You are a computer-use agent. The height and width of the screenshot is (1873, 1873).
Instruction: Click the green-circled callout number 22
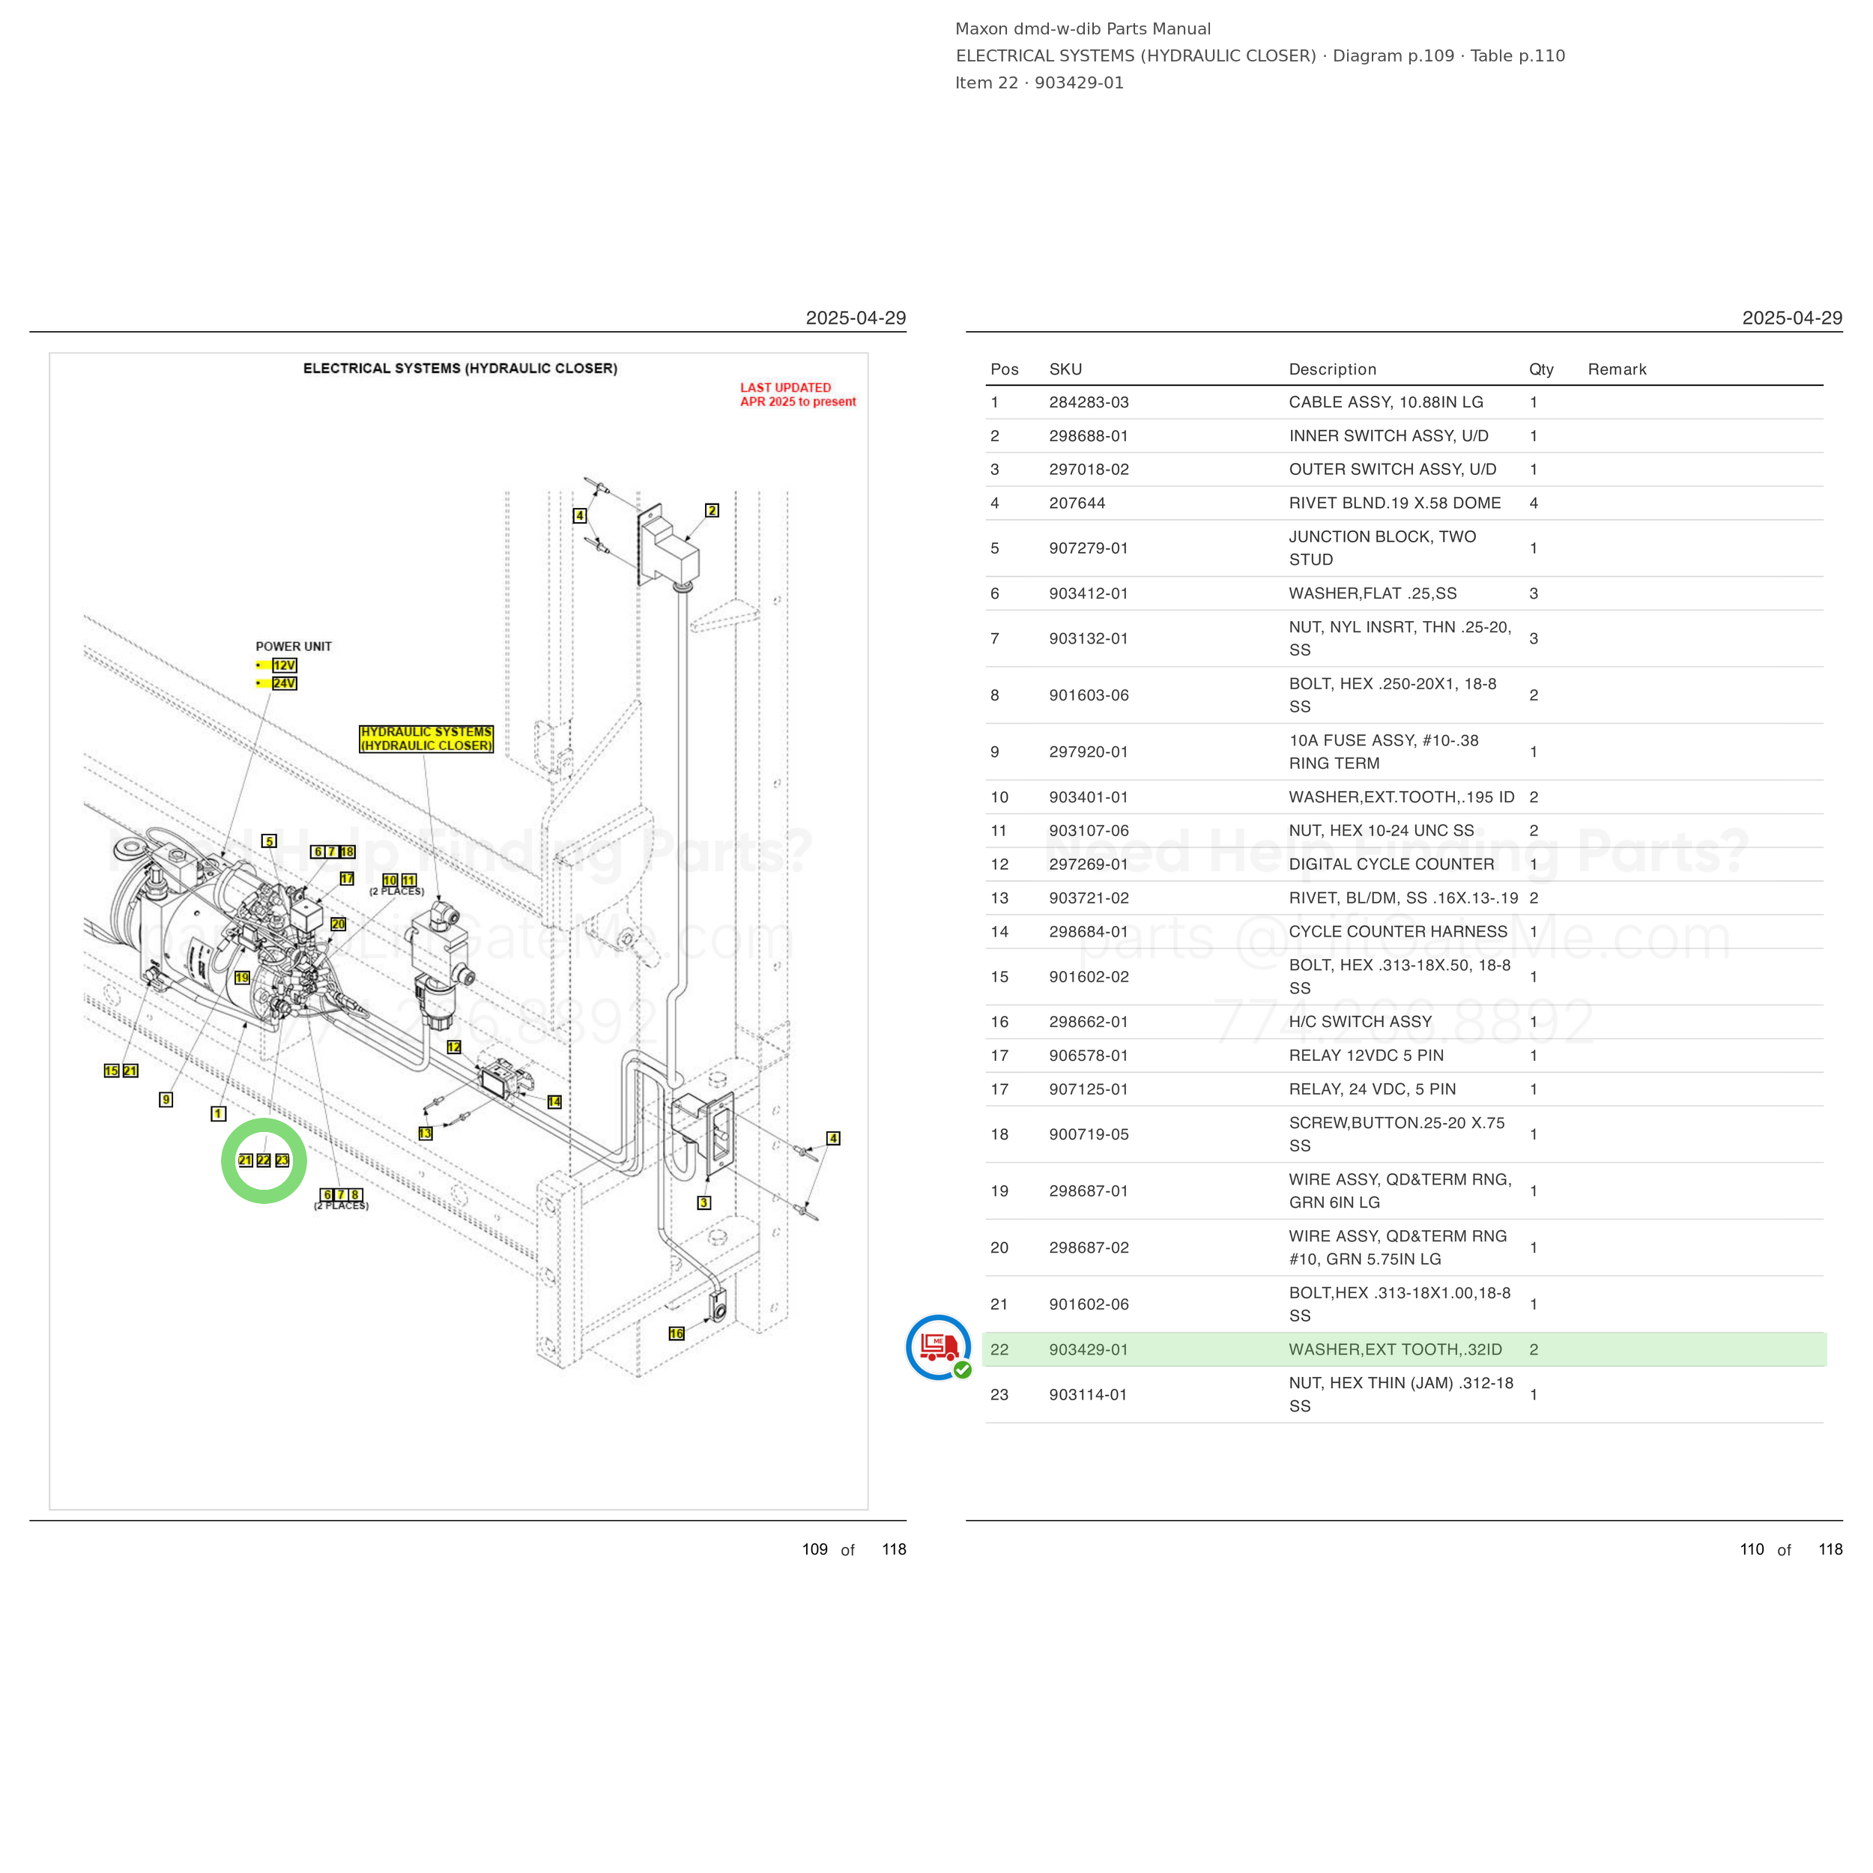click(264, 1161)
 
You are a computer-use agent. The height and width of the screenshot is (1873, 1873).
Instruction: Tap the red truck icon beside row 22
click(939, 1346)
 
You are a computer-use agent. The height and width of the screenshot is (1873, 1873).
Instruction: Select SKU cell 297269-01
click(1088, 864)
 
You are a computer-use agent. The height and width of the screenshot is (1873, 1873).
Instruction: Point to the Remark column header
click(1617, 369)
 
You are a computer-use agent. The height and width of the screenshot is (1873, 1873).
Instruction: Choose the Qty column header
click(1541, 369)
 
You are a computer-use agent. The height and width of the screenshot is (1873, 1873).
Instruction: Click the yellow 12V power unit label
click(284, 665)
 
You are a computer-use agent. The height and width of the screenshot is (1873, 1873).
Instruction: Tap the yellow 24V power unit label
click(284, 683)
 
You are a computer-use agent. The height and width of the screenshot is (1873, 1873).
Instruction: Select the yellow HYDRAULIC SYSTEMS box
click(426, 739)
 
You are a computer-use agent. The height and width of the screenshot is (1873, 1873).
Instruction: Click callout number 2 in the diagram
click(712, 510)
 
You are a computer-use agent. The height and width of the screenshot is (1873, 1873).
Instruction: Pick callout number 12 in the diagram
click(454, 1047)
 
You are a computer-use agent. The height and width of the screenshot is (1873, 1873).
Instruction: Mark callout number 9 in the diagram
click(166, 1099)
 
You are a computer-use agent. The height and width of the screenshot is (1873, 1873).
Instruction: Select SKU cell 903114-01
click(1088, 1394)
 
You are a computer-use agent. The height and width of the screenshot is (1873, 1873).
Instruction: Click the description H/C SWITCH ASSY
click(1360, 1022)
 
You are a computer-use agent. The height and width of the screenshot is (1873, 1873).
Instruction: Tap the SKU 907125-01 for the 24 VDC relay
click(1088, 1089)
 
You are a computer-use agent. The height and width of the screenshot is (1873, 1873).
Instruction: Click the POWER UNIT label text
click(294, 647)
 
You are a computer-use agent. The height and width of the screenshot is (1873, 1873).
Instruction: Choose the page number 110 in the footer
click(1752, 1549)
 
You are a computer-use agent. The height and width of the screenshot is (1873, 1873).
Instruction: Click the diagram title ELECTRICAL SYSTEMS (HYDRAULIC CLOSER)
click(461, 369)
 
